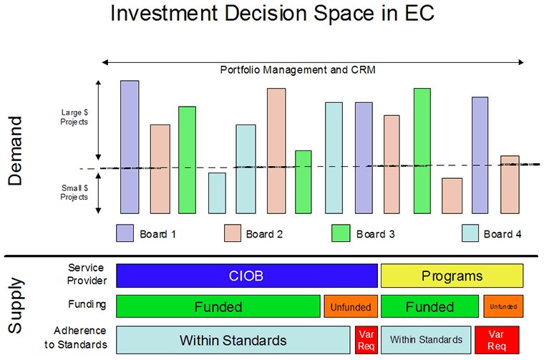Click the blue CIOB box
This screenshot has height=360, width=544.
tap(247, 276)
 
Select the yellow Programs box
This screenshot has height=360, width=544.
tap(452, 276)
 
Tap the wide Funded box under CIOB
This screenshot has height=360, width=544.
tap(218, 307)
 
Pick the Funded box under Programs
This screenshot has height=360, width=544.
tap(429, 307)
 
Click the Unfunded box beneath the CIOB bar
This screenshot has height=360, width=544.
tap(350, 307)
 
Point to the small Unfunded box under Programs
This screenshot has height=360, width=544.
tap(503, 307)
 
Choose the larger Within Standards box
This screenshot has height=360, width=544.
tap(233, 339)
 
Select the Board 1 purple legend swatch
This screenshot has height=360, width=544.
tap(125, 233)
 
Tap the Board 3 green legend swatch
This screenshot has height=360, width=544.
tap(340, 233)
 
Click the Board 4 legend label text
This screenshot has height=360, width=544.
tap(507, 234)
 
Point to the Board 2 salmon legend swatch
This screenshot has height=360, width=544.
tap(233, 233)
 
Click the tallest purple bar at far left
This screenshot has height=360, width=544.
tap(130, 147)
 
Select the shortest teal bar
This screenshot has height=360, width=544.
tap(217, 193)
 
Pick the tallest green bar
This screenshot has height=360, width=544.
tap(422, 150)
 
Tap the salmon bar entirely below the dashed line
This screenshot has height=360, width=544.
tap(452, 195)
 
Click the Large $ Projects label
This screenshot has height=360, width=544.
tap(74, 117)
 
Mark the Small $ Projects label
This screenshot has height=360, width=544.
tap(74, 192)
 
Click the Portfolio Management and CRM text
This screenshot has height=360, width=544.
tap(297, 70)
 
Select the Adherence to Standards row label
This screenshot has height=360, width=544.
tap(82, 337)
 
